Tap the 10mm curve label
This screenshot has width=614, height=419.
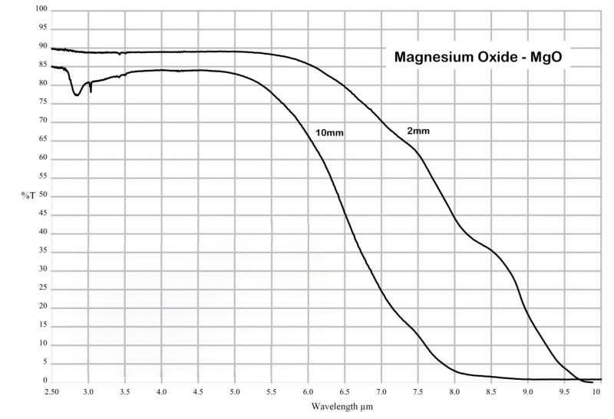pyautogui.click(x=329, y=133)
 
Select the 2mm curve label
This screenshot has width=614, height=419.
pyautogui.click(x=418, y=131)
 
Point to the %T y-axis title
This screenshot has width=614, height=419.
pyautogui.click(x=28, y=195)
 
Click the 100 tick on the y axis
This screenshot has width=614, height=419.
pyautogui.click(x=40, y=9)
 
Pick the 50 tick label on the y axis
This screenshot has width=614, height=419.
pyautogui.click(x=43, y=195)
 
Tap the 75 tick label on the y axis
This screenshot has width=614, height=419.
pyautogui.click(x=43, y=102)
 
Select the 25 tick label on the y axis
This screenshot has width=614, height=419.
pyautogui.click(x=43, y=288)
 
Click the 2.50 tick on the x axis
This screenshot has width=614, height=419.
pyautogui.click(x=51, y=391)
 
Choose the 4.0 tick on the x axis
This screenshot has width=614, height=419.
pyautogui.click(x=161, y=391)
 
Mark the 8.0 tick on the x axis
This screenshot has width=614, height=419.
pyautogui.click(x=455, y=391)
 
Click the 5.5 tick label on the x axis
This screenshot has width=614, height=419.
pyautogui.click(x=272, y=391)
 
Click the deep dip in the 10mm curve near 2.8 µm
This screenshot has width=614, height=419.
pyautogui.click(x=76, y=95)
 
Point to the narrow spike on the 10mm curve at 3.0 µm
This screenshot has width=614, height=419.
pyautogui.click(x=91, y=91)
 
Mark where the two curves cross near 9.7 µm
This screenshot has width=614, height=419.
pyautogui.click(x=576, y=378)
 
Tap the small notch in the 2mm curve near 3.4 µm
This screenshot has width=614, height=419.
pyautogui.click(x=120, y=54)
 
